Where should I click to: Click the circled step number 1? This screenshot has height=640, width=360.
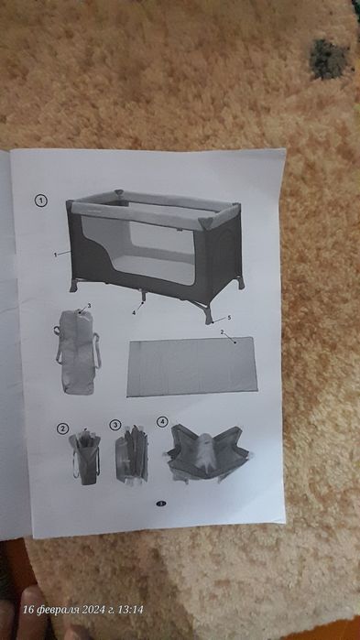click(x=41, y=201)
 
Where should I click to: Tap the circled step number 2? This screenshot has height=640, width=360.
click(x=62, y=428)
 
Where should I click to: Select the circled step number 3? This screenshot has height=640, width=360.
click(x=115, y=425)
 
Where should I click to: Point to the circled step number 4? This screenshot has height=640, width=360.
click(x=162, y=422)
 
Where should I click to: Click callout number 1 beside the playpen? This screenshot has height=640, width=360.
click(x=55, y=255)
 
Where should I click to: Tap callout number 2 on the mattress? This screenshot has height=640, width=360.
click(x=222, y=332)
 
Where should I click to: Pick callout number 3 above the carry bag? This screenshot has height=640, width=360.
click(x=90, y=305)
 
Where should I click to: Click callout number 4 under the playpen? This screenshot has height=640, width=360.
click(x=133, y=312)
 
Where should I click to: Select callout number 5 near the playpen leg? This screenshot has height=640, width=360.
click(x=229, y=317)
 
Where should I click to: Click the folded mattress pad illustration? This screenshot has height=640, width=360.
click(x=192, y=366)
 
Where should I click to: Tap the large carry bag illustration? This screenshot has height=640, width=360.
click(x=77, y=353)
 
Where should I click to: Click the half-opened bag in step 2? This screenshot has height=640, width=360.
click(x=84, y=456)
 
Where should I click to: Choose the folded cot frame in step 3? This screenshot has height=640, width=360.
click(x=131, y=453)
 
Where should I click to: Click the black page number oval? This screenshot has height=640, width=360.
click(x=161, y=504)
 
